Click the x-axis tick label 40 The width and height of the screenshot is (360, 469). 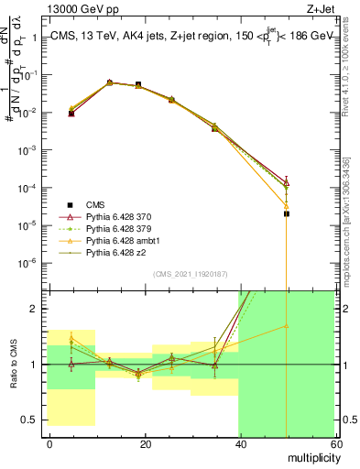240,443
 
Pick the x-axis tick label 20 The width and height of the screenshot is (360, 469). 145,443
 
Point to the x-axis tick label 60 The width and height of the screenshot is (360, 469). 334,443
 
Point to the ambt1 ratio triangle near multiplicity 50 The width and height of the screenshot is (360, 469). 287,325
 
